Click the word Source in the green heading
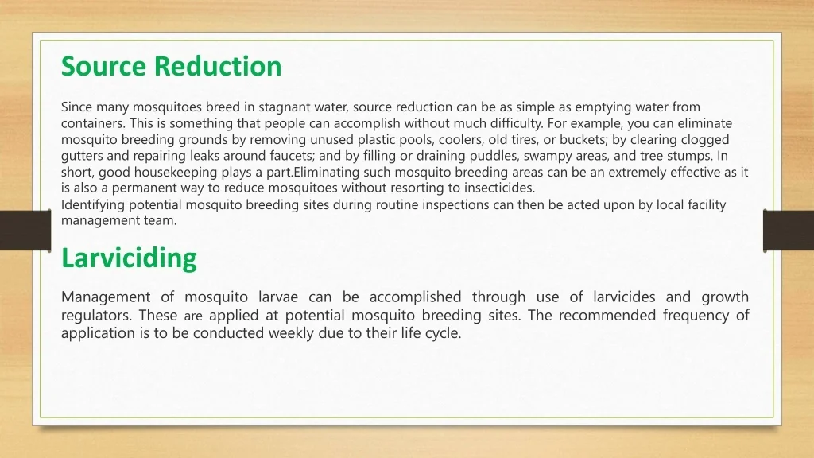(103, 67)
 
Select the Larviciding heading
(130, 258)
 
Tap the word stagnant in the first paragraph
(285, 107)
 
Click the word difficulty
(517, 123)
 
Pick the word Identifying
(93, 204)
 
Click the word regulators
(96, 315)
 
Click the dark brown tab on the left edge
(25, 230)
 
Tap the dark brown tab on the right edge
(789, 230)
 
